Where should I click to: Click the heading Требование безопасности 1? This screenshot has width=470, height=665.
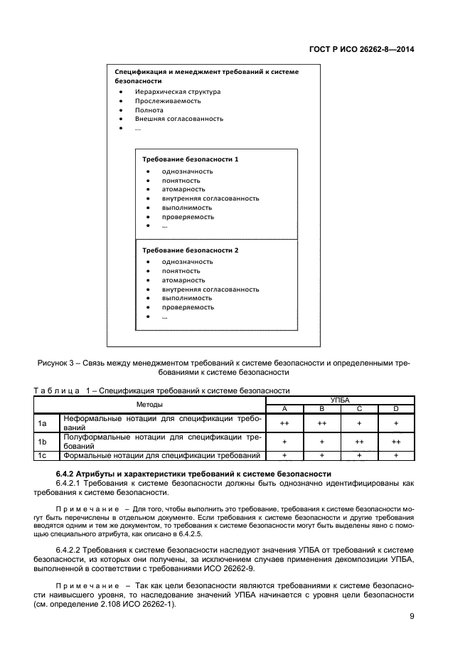pyautogui.click(x=190, y=159)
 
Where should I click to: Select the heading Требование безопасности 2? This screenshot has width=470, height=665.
pyautogui.click(x=190, y=250)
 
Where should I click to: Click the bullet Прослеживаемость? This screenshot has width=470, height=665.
pyautogui.click(x=167, y=101)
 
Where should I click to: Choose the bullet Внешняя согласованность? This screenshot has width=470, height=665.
pyautogui.click(x=179, y=119)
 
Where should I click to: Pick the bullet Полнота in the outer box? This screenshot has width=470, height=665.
pyautogui.click(x=149, y=110)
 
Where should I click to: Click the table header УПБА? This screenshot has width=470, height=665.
pyautogui.click(x=340, y=401)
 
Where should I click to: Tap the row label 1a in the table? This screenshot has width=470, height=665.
pyautogui.click(x=42, y=423)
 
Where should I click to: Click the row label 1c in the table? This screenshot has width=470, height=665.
pyautogui.click(x=42, y=455)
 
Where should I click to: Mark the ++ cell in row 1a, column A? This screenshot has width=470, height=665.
pyautogui.click(x=284, y=423)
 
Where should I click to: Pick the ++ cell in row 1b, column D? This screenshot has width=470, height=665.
pyautogui.click(x=397, y=442)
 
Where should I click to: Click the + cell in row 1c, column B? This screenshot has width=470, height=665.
pyautogui.click(x=321, y=455)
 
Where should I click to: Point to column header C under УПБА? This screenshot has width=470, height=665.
pyautogui.click(x=359, y=409)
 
